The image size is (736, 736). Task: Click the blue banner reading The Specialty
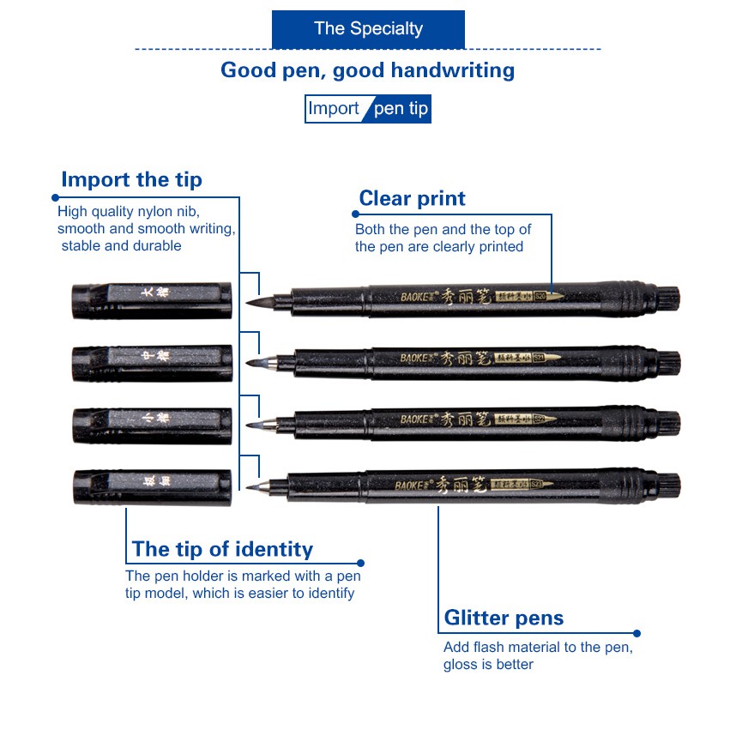click(368, 29)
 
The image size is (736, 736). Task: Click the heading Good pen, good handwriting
click(367, 70)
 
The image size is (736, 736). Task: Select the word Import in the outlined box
click(334, 109)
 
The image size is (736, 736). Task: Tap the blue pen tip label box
click(400, 110)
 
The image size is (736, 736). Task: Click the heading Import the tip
click(131, 180)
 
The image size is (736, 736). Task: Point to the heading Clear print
click(412, 199)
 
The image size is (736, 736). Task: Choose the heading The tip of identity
click(222, 549)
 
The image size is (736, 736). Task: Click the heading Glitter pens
click(504, 618)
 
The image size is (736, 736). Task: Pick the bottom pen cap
click(152, 486)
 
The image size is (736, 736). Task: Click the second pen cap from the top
click(152, 363)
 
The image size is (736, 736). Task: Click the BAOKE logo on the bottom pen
click(413, 485)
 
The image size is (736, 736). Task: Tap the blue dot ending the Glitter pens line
click(638, 634)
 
